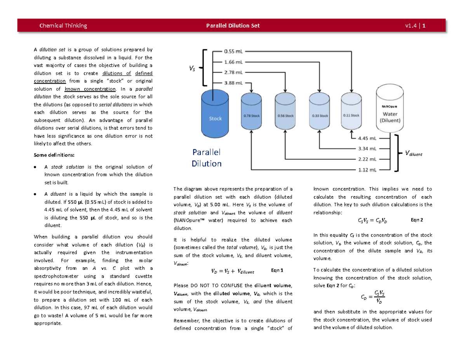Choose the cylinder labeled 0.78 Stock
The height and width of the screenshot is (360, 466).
(x=252, y=113)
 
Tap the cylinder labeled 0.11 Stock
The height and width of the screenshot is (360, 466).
(x=351, y=113)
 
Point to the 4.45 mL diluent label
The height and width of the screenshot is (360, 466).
(x=366, y=137)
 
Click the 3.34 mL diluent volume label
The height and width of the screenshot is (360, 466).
(x=366, y=148)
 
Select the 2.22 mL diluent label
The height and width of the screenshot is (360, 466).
(x=366, y=159)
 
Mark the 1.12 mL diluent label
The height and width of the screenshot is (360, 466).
(x=366, y=170)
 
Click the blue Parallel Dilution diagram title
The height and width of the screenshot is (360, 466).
(x=206, y=158)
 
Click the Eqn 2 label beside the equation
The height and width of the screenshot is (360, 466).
(x=417, y=220)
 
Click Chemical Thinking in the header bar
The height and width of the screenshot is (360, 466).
(x=63, y=26)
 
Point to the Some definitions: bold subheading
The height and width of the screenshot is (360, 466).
(x=54, y=155)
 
